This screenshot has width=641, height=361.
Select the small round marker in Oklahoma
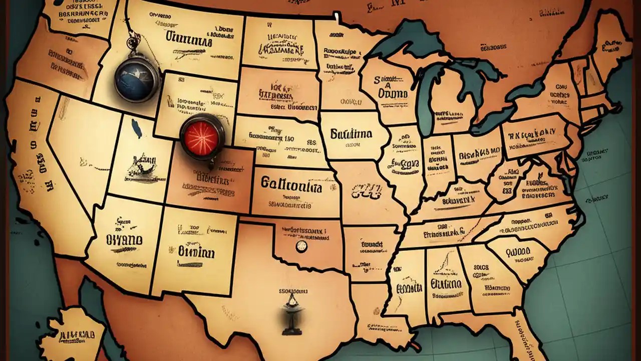pyautogui.click(x=301, y=246)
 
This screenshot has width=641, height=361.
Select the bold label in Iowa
pyautogui.click(x=351, y=134)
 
